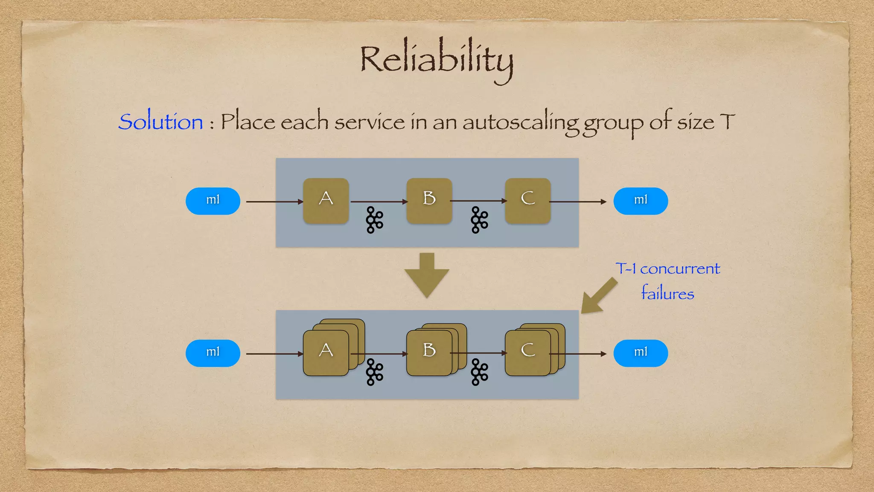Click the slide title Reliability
[x=436, y=60]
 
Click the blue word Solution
[x=160, y=122]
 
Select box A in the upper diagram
[x=326, y=201]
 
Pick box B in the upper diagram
[x=429, y=201]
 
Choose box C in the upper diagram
[x=528, y=201]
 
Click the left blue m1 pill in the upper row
[x=213, y=201]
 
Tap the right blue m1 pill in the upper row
[x=641, y=201]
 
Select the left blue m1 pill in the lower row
[x=213, y=353]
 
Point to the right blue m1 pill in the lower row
[x=641, y=353]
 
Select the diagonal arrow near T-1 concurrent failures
[x=598, y=296]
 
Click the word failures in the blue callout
[x=667, y=293]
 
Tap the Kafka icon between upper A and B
[x=375, y=220]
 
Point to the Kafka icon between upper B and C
[x=479, y=220]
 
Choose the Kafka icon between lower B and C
[x=479, y=372]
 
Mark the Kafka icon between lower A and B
[x=375, y=372]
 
